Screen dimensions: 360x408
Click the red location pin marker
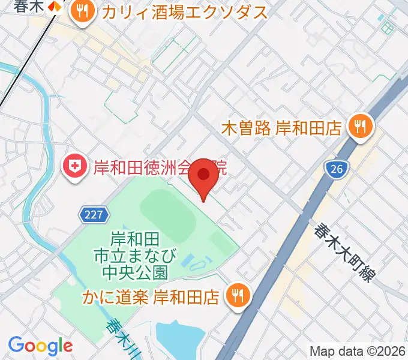(204, 175)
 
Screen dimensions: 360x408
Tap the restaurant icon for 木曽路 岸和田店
(360, 127)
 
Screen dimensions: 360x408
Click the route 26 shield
(336, 170)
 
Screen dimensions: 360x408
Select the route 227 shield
(94, 214)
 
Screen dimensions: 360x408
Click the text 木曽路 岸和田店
(281, 127)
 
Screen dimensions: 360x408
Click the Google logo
(40, 346)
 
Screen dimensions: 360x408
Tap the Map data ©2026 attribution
(358, 351)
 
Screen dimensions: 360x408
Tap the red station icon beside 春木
(55, 5)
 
